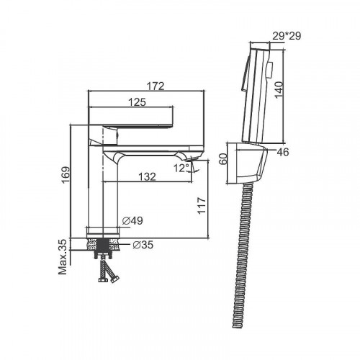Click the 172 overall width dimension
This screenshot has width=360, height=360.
[156, 86]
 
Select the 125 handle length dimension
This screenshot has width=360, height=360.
[137, 102]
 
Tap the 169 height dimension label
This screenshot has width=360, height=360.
[66, 175]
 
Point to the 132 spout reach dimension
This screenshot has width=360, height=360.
[147, 177]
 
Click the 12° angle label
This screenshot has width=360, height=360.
[181, 168]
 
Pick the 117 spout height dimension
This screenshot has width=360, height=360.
[202, 205]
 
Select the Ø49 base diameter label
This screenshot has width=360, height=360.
[132, 220]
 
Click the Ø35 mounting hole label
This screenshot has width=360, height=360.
[143, 245]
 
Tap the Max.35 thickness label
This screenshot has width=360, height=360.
[63, 257]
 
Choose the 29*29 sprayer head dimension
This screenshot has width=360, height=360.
[287, 36]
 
